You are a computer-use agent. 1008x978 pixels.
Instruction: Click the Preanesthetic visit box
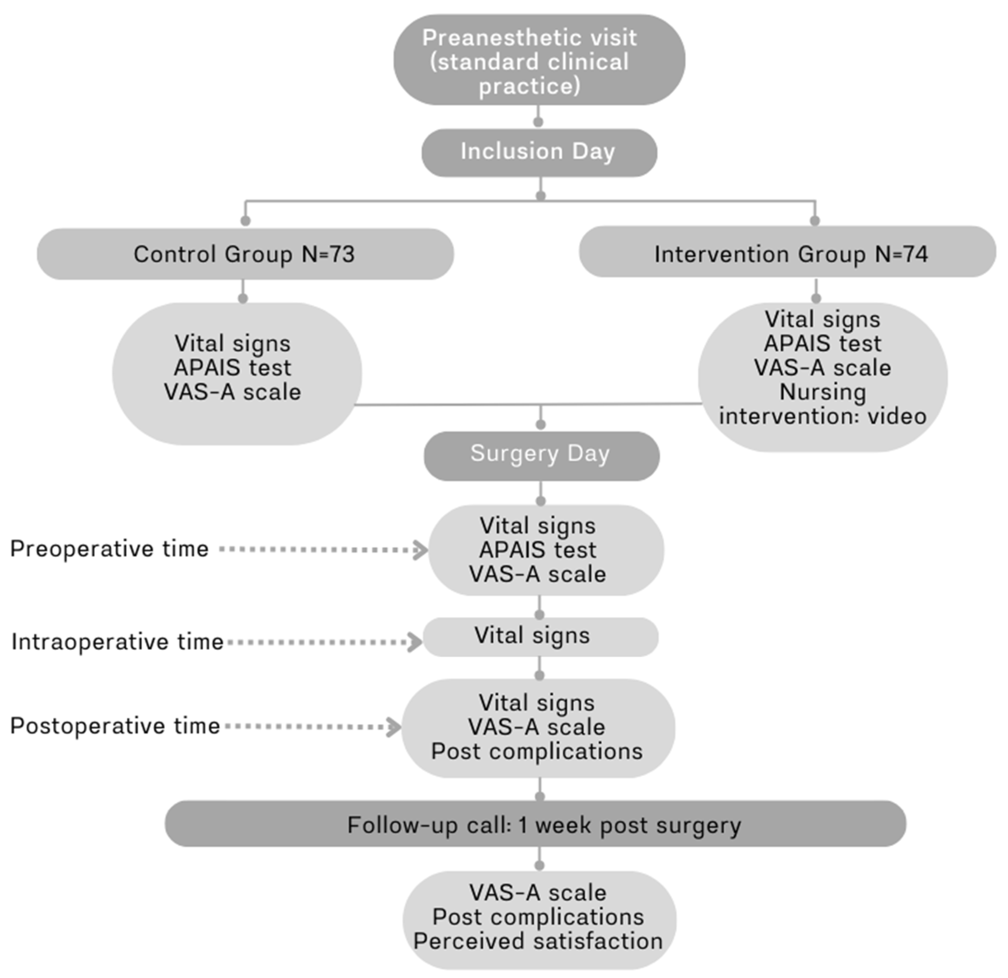(x=539, y=60)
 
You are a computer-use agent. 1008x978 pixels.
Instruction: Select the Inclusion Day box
(x=539, y=153)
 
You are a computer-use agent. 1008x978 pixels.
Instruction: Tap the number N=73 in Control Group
(x=328, y=254)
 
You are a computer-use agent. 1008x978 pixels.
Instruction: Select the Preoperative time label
(x=109, y=549)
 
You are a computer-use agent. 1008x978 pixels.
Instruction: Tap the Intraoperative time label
(x=117, y=642)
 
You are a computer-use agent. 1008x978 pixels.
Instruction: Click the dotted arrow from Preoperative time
(x=323, y=550)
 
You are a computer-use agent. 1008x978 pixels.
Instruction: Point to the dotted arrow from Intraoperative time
(x=324, y=642)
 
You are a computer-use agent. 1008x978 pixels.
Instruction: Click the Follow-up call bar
(x=535, y=825)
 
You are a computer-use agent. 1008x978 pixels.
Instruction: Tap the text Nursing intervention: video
(x=822, y=405)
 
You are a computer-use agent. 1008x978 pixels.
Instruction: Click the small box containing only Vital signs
(x=540, y=636)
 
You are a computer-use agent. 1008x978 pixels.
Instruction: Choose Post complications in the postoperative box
(x=537, y=751)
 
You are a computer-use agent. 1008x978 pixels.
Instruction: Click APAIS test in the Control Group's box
(x=232, y=367)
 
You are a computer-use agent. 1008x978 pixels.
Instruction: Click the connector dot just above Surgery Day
(x=541, y=424)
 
